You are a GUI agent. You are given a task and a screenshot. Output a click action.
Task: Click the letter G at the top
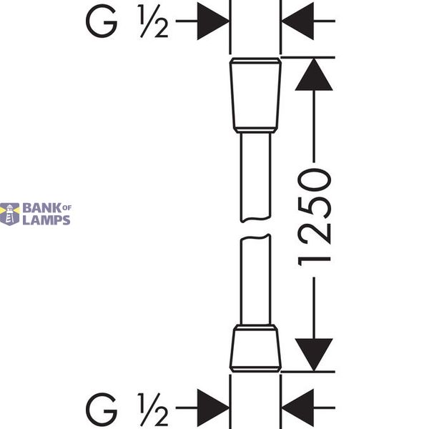point(102,21)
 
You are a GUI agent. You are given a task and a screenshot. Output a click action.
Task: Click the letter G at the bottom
point(102,410)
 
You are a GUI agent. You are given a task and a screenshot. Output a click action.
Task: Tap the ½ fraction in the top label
point(153,21)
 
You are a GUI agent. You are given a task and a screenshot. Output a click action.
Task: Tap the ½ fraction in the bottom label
point(153,410)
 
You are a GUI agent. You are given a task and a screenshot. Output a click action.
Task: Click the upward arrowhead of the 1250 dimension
point(314,74)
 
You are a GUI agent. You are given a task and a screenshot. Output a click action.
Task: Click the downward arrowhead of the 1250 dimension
point(314,355)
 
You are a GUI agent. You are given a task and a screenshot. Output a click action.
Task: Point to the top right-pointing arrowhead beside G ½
point(213,21)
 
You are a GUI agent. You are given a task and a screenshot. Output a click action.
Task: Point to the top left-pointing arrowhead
point(297,21)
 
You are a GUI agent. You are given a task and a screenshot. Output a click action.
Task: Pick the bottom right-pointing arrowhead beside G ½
point(213,408)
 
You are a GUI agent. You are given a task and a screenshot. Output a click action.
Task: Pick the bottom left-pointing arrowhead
point(297,408)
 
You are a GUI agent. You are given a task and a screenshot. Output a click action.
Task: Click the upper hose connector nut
point(255,95)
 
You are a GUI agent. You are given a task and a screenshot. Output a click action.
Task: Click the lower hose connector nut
point(255,348)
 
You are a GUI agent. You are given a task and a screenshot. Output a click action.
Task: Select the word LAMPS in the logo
point(46,220)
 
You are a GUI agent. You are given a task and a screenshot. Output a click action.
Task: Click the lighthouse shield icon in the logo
point(10,214)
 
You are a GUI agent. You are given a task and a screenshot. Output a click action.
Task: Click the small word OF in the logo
point(67,208)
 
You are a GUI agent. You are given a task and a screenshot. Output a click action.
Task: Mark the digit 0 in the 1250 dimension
point(315,179)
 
